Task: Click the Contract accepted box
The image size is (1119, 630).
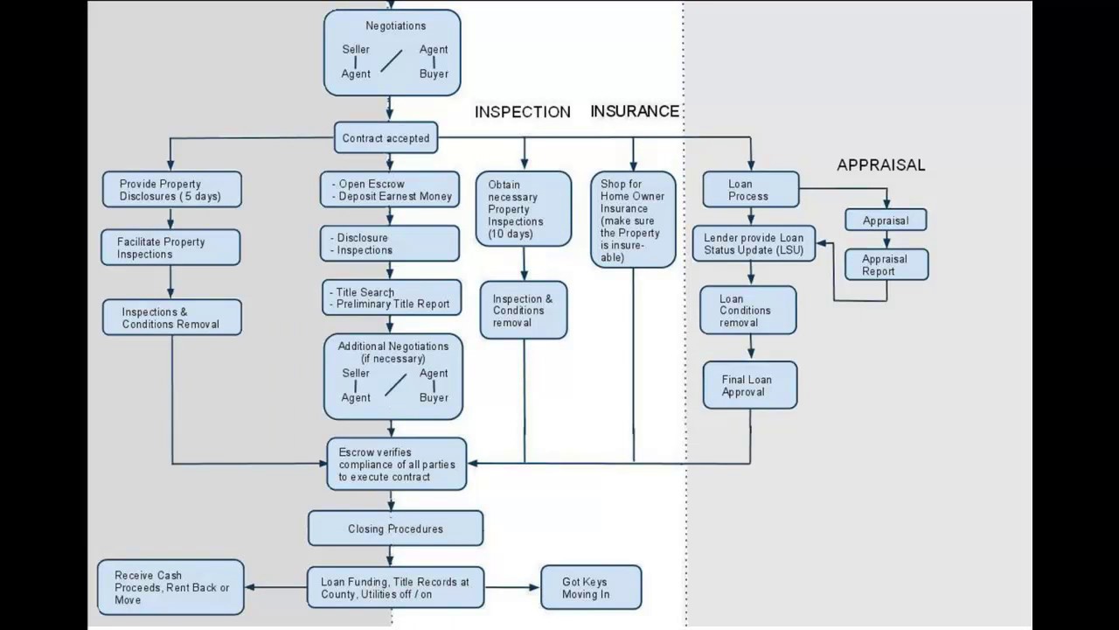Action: (386, 138)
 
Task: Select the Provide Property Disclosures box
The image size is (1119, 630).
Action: (170, 190)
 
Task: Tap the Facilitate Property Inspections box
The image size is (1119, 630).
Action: (170, 248)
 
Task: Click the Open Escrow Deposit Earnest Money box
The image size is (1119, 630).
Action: (389, 190)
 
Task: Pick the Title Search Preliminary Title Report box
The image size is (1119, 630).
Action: (391, 297)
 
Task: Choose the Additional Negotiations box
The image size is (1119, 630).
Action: (393, 375)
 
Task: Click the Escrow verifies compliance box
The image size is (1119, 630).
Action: (396, 465)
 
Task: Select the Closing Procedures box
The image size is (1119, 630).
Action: (395, 528)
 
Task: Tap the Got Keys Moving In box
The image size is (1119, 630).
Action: (590, 587)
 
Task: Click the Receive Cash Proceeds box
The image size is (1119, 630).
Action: (170, 587)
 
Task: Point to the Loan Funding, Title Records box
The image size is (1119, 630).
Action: (395, 587)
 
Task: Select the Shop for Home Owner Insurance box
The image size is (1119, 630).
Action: (633, 220)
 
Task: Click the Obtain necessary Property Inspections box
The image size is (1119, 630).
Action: (524, 208)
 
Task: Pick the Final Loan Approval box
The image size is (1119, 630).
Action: (750, 385)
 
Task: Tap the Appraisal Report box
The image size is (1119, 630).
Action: (886, 264)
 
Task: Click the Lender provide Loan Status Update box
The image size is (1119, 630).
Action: (754, 244)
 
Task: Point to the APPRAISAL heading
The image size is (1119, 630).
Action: (880, 164)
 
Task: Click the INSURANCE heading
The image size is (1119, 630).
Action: (635, 111)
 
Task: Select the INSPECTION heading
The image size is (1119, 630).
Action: (522, 112)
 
